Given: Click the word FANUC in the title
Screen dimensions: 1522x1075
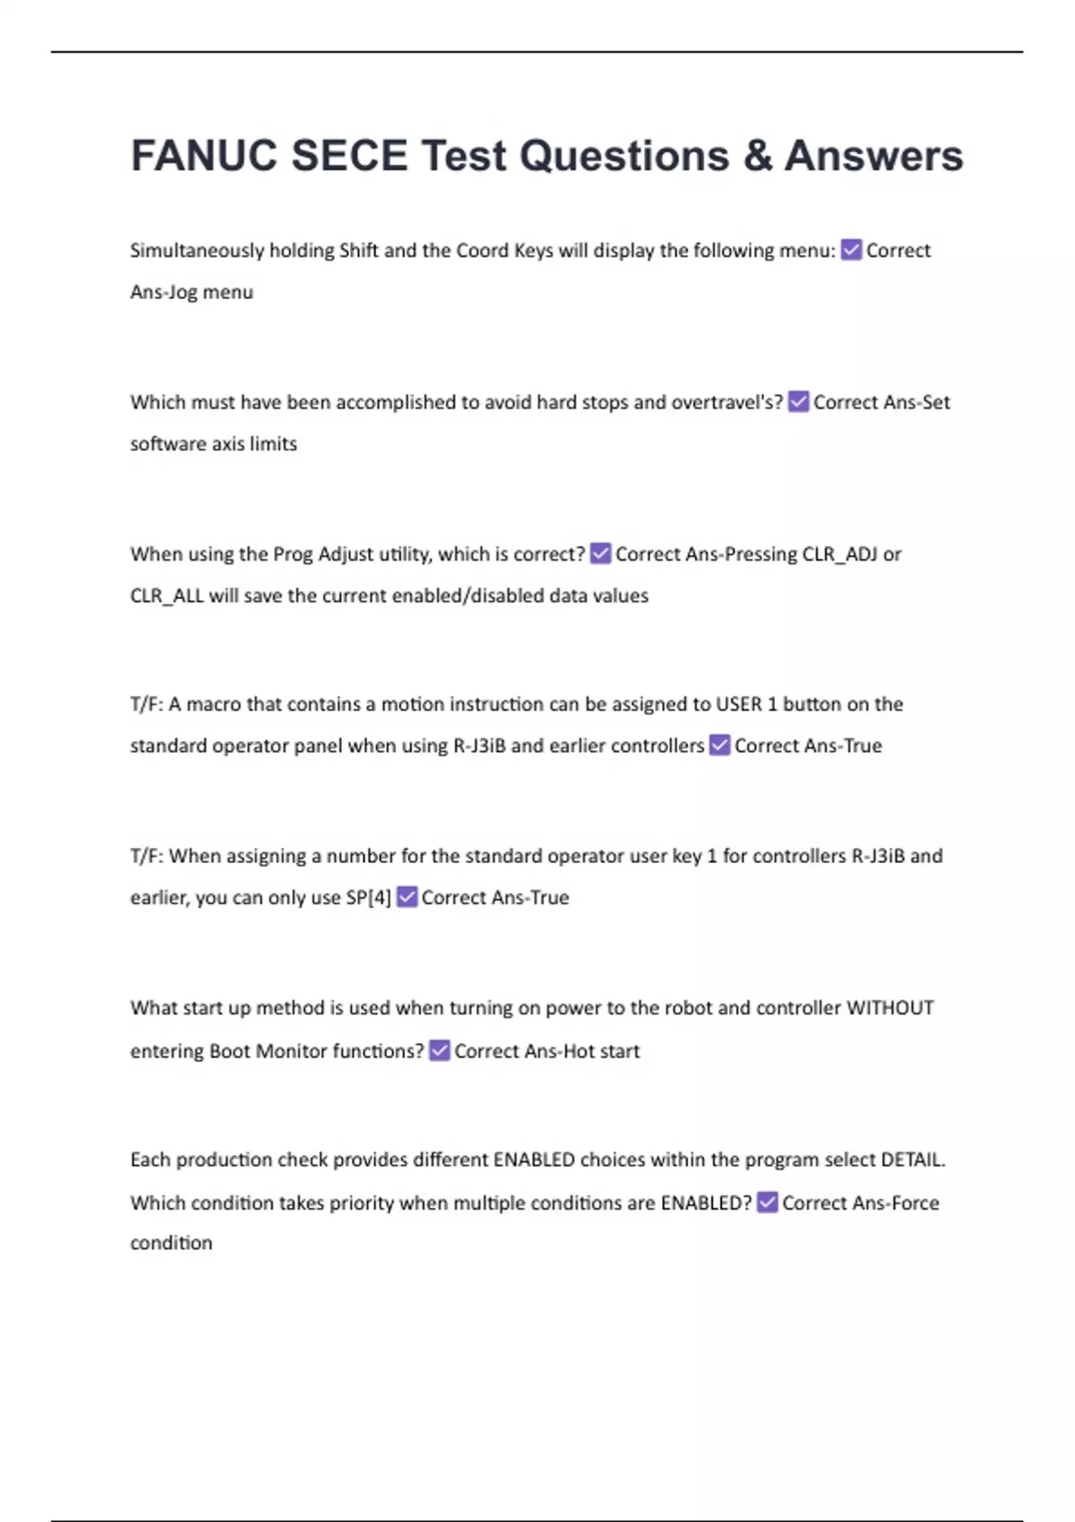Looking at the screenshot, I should tap(204, 156).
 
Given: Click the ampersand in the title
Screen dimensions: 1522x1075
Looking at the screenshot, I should tap(757, 156).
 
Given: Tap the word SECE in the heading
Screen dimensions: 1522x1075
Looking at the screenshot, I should tap(349, 156).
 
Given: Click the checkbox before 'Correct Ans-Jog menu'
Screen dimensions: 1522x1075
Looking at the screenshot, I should tap(851, 250).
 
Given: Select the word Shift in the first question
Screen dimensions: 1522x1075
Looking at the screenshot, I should tap(358, 250).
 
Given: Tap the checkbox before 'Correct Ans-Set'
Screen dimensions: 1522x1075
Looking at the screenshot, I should tap(798, 402).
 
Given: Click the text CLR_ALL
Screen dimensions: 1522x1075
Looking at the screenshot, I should tap(167, 595).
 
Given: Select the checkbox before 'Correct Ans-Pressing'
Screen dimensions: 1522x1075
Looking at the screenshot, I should tap(600, 554).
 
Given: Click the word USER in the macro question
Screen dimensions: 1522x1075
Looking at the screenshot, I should tap(738, 705).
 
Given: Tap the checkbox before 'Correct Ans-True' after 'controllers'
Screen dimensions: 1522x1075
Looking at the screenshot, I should tap(719, 745).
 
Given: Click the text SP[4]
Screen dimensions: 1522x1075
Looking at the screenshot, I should tap(368, 897).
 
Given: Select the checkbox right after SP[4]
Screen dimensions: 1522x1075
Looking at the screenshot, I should tap(407, 897).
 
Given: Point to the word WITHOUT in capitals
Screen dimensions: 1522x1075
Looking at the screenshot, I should tap(890, 1008).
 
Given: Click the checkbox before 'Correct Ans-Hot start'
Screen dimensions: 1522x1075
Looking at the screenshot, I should tap(439, 1050).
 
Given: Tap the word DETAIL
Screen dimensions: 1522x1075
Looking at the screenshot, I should tap(912, 1160).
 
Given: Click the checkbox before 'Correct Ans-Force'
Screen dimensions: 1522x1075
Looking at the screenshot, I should tap(767, 1202).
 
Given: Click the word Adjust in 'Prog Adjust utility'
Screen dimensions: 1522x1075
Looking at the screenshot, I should tap(344, 554).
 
